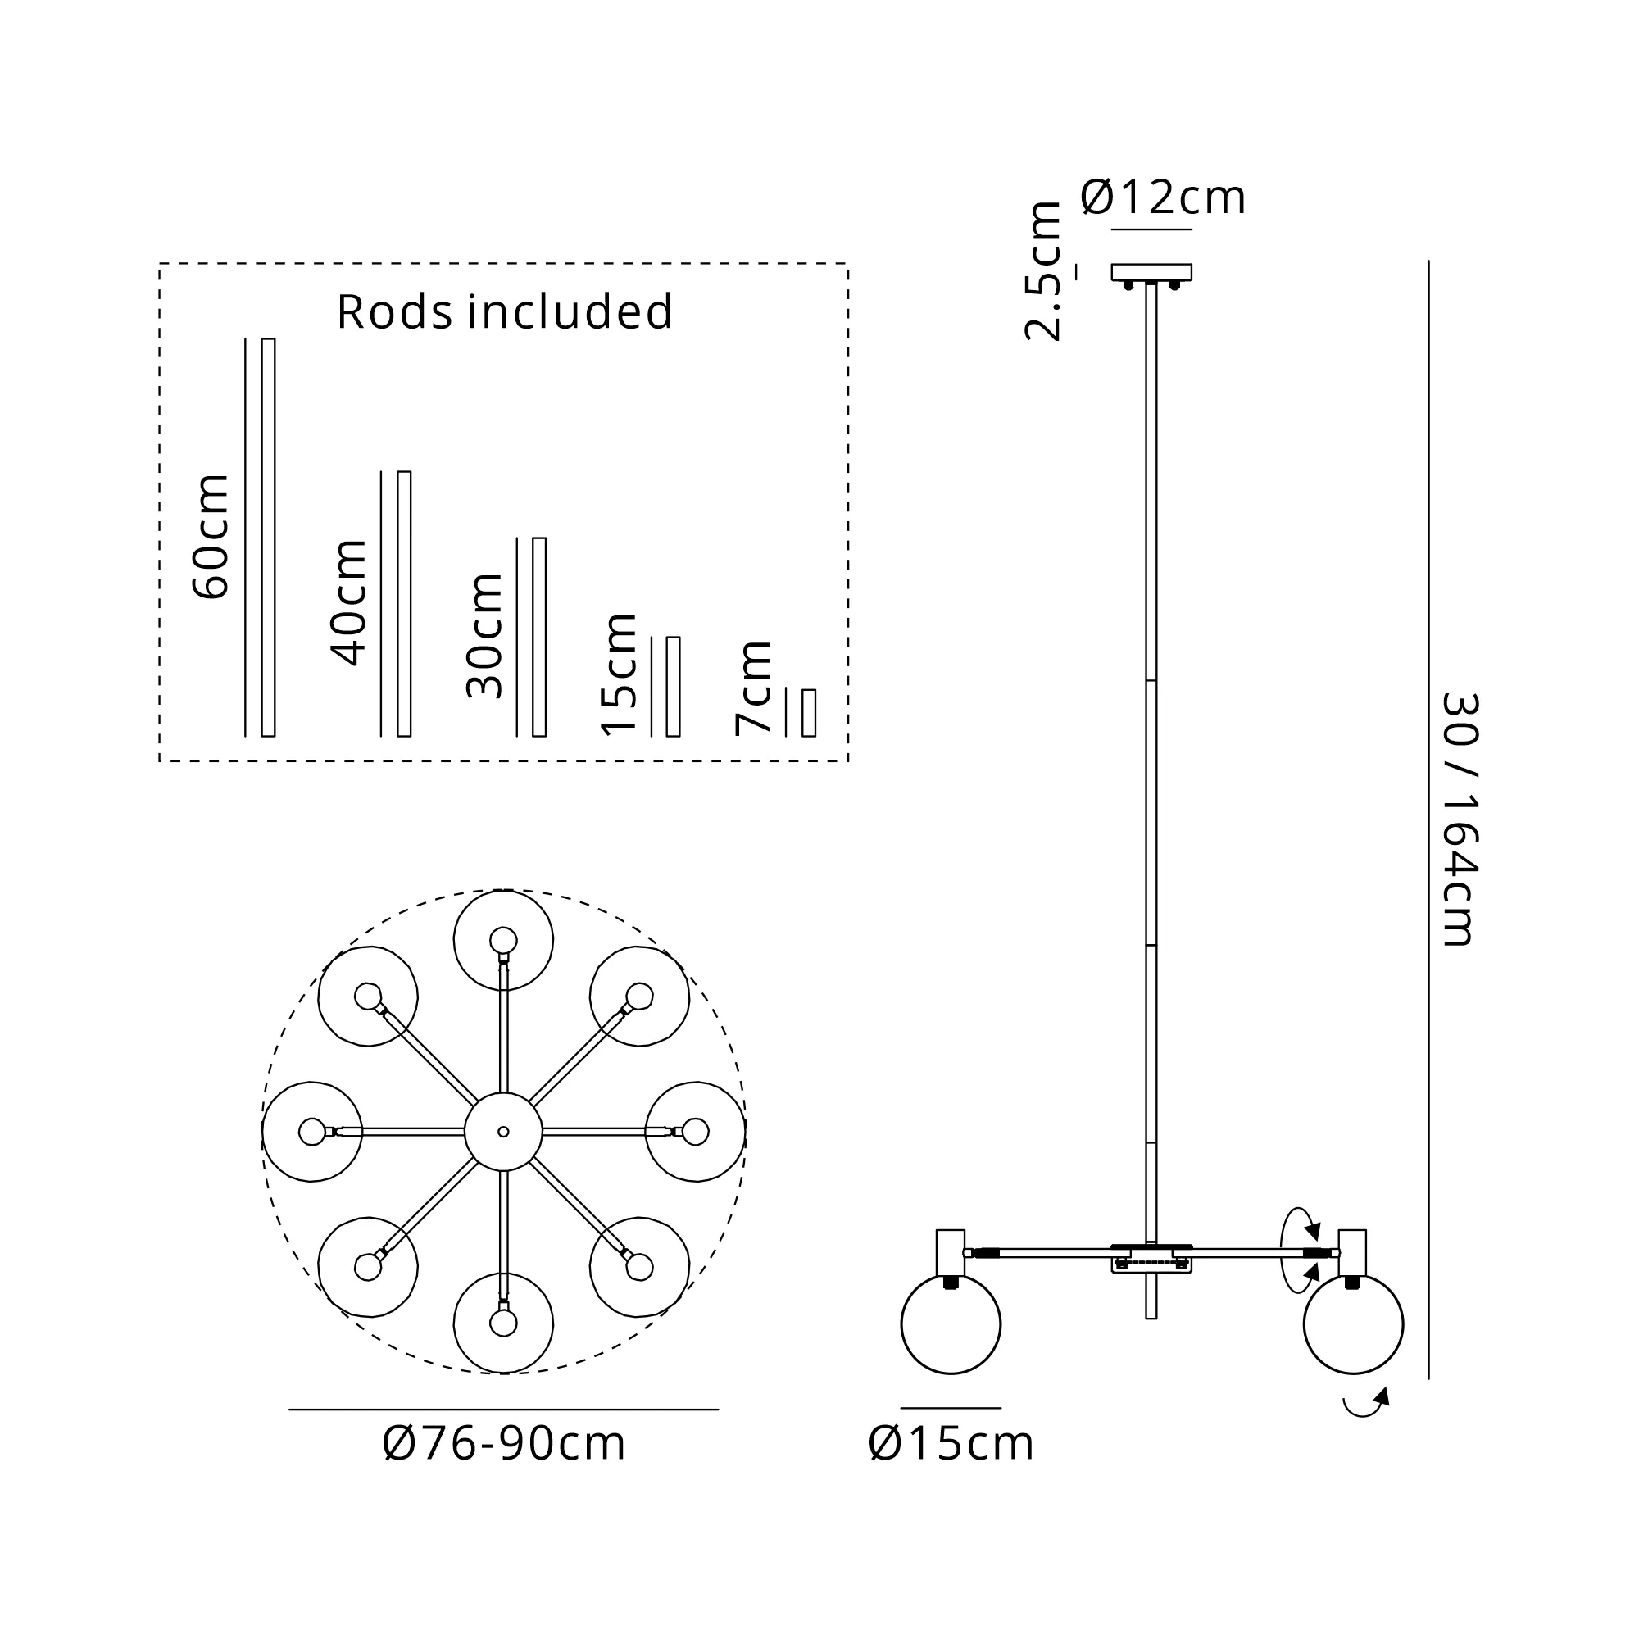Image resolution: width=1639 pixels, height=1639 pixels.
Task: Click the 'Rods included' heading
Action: tap(505, 311)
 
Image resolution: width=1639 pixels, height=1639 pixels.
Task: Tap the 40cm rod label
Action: tap(348, 602)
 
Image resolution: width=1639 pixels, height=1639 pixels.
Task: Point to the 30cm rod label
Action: tap(484, 635)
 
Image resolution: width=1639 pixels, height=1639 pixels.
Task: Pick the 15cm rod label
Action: tap(619, 674)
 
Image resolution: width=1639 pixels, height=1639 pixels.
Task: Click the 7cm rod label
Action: tap(753, 688)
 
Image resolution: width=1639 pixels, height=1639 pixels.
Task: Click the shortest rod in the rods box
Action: tap(809, 713)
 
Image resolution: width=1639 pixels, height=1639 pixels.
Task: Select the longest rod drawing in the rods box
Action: tap(268, 537)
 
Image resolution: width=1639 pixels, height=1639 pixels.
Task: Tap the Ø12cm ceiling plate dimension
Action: tap(1163, 197)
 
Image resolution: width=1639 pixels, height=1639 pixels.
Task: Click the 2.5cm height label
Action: tap(1042, 271)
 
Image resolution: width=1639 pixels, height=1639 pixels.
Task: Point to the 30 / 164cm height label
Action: tap(1461, 819)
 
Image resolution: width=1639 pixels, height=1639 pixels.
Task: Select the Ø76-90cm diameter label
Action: tap(504, 1443)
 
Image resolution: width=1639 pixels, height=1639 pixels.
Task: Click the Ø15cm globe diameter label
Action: tap(951, 1443)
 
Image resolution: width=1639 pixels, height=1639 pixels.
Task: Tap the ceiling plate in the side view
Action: tap(1151, 272)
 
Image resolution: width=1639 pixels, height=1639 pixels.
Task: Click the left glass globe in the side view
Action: tap(950, 1324)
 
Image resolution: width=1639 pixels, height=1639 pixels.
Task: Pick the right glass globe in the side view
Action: tap(1353, 1324)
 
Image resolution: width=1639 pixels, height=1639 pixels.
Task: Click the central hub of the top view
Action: tap(503, 1132)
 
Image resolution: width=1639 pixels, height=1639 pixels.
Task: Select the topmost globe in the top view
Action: tap(503, 940)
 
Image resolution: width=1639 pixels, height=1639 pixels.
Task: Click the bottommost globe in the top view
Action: tap(503, 1323)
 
